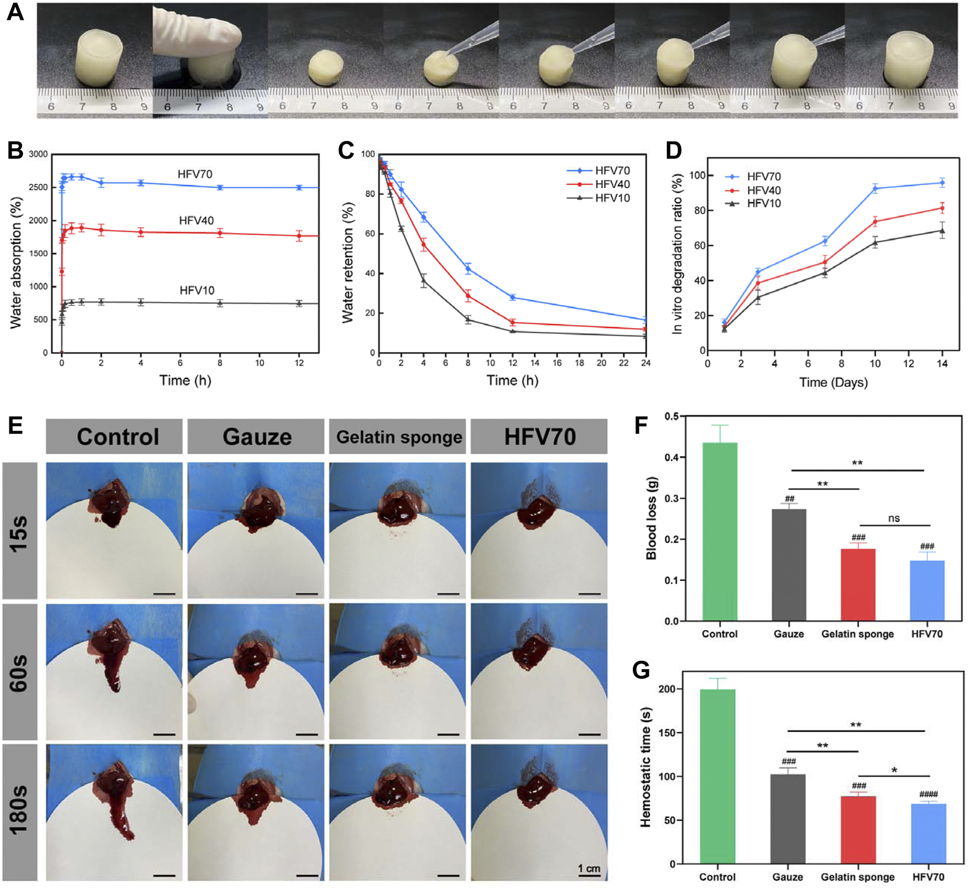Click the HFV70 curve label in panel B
click(x=195, y=174)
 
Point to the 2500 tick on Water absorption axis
click(x=39, y=187)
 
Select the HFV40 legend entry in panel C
click(x=612, y=184)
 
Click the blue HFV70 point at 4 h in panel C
click(x=424, y=218)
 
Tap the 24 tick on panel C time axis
click(x=646, y=363)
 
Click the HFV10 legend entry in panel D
click(x=764, y=204)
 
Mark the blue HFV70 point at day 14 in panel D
click(x=942, y=183)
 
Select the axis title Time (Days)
click(x=833, y=383)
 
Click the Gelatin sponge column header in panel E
click(x=399, y=437)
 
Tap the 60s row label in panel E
click(x=19, y=672)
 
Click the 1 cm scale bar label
click(x=589, y=869)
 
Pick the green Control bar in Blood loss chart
click(x=720, y=531)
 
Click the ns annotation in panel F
click(x=893, y=518)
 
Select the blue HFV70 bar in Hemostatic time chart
click(x=928, y=834)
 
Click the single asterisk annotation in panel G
click(x=894, y=771)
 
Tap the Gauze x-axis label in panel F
click(x=788, y=634)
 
